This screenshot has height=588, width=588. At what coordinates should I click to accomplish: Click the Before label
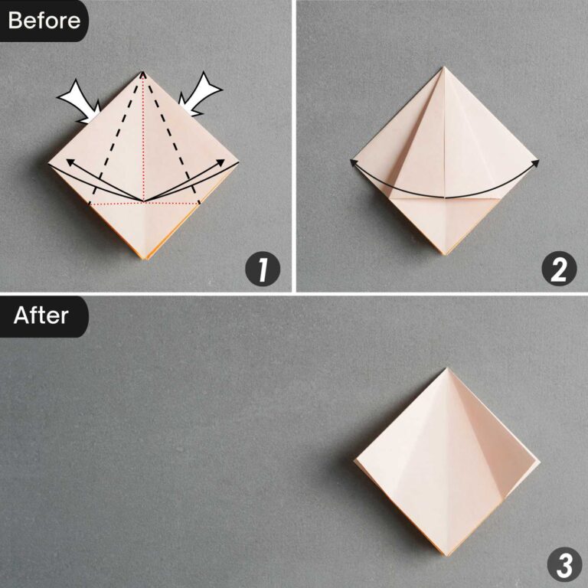(43, 20)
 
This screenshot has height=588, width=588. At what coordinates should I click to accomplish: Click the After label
(41, 315)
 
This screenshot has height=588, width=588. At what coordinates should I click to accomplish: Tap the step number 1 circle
(262, 269)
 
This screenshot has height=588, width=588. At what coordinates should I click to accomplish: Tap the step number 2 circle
(558, 269)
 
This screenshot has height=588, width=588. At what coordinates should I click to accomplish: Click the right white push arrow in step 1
(201, 96)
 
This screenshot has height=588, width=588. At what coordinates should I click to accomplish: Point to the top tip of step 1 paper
(143, 71)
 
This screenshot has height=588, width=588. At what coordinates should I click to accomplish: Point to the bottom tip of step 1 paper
(143, 258)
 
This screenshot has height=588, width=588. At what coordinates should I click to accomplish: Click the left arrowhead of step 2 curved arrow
(354, 162)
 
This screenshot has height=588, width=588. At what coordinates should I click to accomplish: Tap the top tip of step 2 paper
(443, 67)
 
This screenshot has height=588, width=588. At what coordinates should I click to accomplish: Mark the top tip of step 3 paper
(447, 368)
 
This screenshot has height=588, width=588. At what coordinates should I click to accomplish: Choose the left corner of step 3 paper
(356, 463)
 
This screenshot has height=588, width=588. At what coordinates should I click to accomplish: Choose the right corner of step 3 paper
(540, 462)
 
